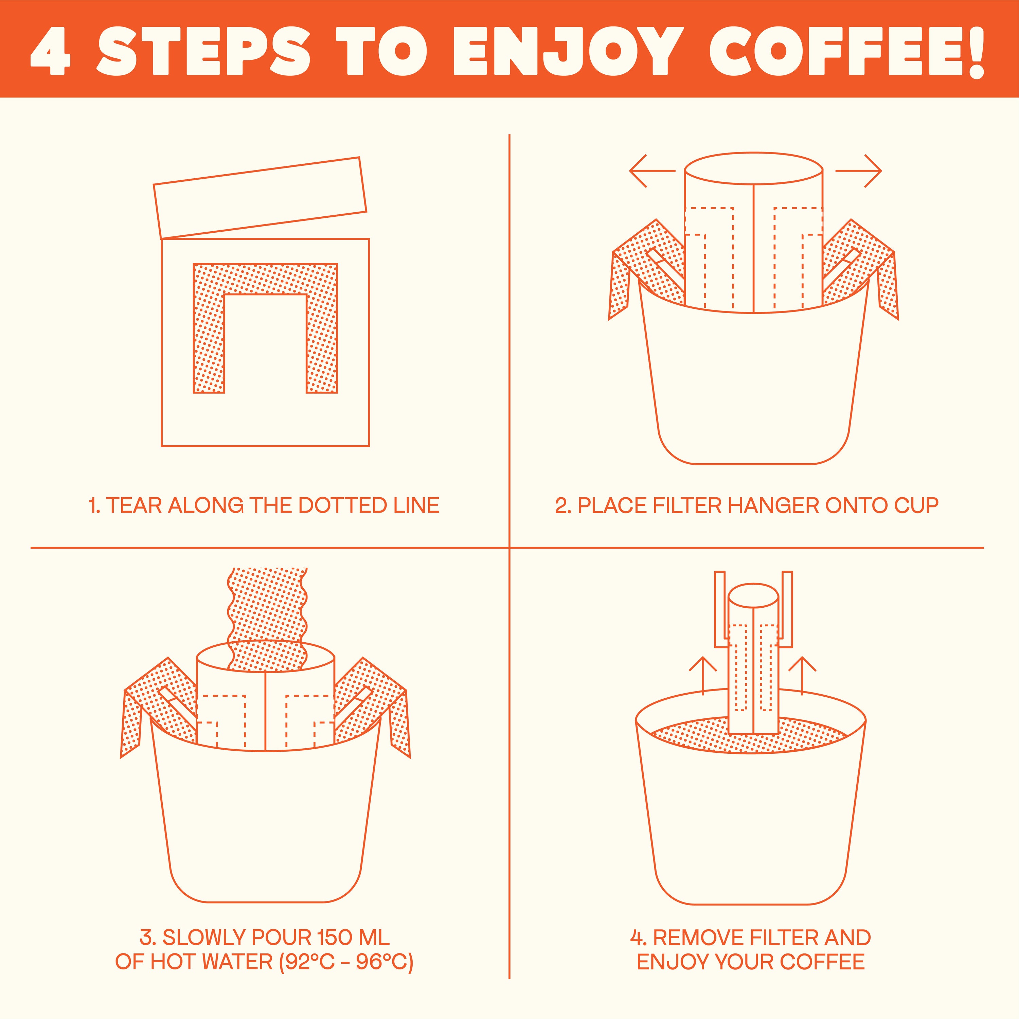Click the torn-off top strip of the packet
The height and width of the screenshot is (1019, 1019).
click(260, 198)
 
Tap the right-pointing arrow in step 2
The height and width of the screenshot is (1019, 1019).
click(858, 171)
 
